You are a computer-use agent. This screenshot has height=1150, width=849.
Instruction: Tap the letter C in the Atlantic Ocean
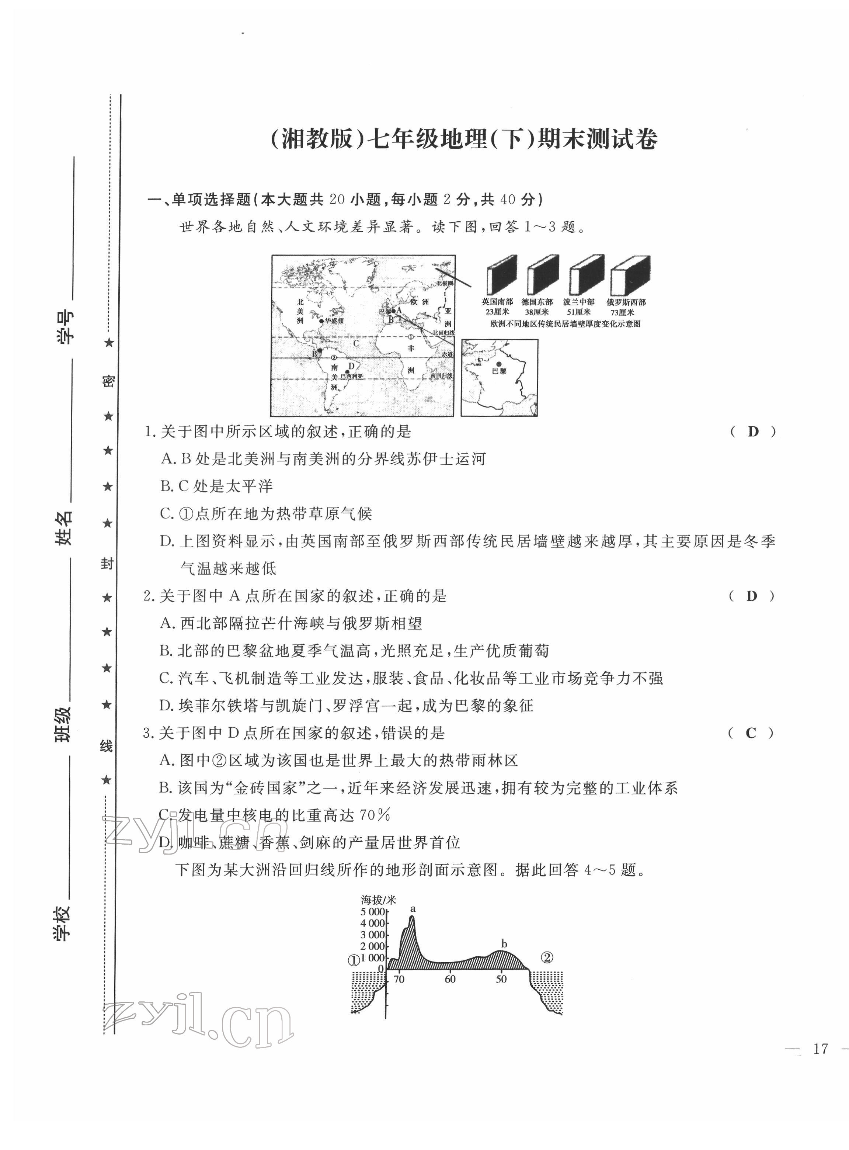point(356,343)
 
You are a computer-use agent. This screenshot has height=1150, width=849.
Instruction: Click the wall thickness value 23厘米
point(497,312)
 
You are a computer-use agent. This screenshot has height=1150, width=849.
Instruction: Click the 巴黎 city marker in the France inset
point(498,364)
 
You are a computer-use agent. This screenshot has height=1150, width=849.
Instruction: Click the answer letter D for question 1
point(753,432)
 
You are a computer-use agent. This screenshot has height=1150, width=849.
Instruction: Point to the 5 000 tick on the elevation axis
point(373,911)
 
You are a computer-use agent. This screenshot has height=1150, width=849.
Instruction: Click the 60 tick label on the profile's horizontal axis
point(450,979)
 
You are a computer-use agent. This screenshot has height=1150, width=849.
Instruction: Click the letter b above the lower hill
point(504,944)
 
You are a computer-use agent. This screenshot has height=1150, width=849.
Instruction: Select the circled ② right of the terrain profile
point(547,957)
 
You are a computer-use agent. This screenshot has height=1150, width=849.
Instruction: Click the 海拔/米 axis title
point(379,900)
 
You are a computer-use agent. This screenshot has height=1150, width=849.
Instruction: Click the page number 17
point(821,1049)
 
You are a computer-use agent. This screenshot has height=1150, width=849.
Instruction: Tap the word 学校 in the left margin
point(63,923)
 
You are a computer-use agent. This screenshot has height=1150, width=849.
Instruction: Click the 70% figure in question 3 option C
point(375,815)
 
